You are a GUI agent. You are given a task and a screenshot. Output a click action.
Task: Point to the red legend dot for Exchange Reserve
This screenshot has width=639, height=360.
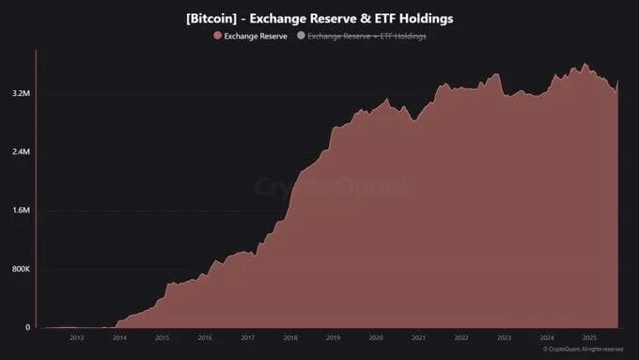click(x=218, y=36)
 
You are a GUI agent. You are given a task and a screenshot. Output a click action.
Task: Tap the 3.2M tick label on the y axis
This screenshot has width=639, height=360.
click(x=21, y=94)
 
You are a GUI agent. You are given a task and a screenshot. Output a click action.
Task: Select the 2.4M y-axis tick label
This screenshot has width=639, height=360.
click(x=21, y=152)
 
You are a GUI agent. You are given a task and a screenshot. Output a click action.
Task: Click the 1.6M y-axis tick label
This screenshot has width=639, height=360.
click(x=21, y=211)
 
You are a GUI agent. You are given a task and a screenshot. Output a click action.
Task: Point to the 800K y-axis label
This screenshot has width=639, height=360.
click(x=20, y=269)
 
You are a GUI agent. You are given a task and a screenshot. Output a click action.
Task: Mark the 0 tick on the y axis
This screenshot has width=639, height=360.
click(x=27, y=327)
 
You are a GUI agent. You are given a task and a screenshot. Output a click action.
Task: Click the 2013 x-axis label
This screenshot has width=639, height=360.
click(x=77, y=337)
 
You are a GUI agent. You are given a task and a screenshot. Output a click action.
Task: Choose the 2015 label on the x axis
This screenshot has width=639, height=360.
click(x=162, y=337)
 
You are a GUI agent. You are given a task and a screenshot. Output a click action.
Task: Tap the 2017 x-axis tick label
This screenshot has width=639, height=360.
click(x=247, y=337)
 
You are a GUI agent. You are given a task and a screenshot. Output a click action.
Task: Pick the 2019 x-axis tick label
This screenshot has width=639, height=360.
click(x=333, y=337)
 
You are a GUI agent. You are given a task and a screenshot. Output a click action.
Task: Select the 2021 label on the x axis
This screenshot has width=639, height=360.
click(x=418, y=337)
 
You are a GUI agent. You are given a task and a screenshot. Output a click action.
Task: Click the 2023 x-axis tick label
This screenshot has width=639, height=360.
click(x=504, y=337)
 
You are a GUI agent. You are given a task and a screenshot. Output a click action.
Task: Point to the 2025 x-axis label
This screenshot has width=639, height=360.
click(x=589, y=337)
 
